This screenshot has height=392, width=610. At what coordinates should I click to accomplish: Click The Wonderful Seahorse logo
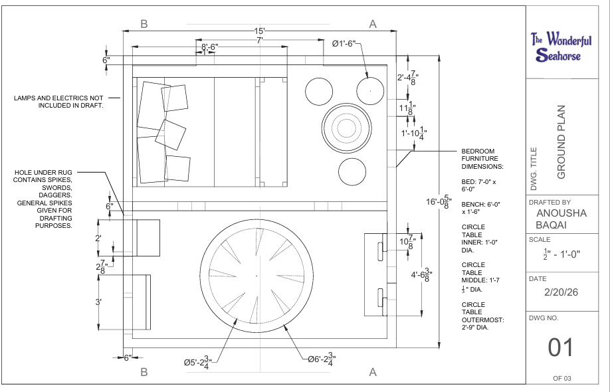pos(561,47)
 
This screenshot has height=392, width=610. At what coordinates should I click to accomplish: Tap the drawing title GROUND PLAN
pos(561,142)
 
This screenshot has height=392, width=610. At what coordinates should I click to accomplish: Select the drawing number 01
pos(561,347)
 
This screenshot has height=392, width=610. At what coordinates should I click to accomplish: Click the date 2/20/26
pos(561,292)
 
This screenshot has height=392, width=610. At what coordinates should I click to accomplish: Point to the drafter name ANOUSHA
pos(561,213)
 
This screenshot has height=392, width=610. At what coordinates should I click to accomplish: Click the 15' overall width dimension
pos(260,31)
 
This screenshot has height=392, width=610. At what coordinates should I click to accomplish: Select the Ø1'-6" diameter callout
pos(344,44)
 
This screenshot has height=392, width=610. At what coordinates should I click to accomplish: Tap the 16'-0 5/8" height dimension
pos(439,201)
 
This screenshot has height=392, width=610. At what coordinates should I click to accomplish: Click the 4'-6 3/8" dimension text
pos(422,274)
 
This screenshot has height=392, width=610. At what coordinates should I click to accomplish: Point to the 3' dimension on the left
pos(98,302)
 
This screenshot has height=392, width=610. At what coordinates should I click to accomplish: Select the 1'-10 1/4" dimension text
pos(414,134)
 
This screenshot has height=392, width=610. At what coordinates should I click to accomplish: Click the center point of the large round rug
pos(256,276)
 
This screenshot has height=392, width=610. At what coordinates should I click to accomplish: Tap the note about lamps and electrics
pos(58,102)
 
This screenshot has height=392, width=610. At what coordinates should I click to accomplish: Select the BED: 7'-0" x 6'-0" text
pos(479,185)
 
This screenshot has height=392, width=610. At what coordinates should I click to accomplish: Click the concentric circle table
pos(346,128)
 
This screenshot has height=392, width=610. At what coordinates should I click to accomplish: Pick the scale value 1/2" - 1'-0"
pos(561,254)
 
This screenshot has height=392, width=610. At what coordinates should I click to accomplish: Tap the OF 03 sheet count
pos(562,378)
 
